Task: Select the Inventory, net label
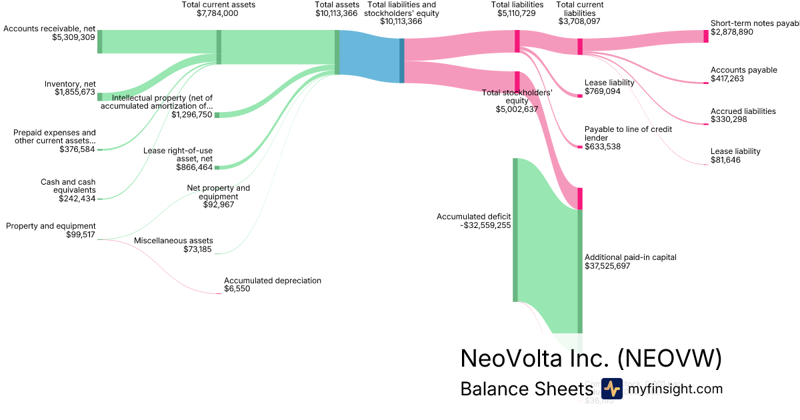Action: [70, 83]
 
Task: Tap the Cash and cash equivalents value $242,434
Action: [77, 199]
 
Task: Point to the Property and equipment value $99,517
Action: [81, 235]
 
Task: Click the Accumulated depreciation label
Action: [273, 281]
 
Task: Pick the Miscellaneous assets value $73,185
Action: [198, 249]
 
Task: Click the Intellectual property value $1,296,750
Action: [191, 115]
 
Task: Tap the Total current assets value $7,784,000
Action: [218, 13]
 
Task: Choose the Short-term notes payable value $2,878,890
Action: [732, 32]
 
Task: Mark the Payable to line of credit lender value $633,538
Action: [603, 147]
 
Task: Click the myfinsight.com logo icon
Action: [611, 389]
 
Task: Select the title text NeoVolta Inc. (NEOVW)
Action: [591, 359]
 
